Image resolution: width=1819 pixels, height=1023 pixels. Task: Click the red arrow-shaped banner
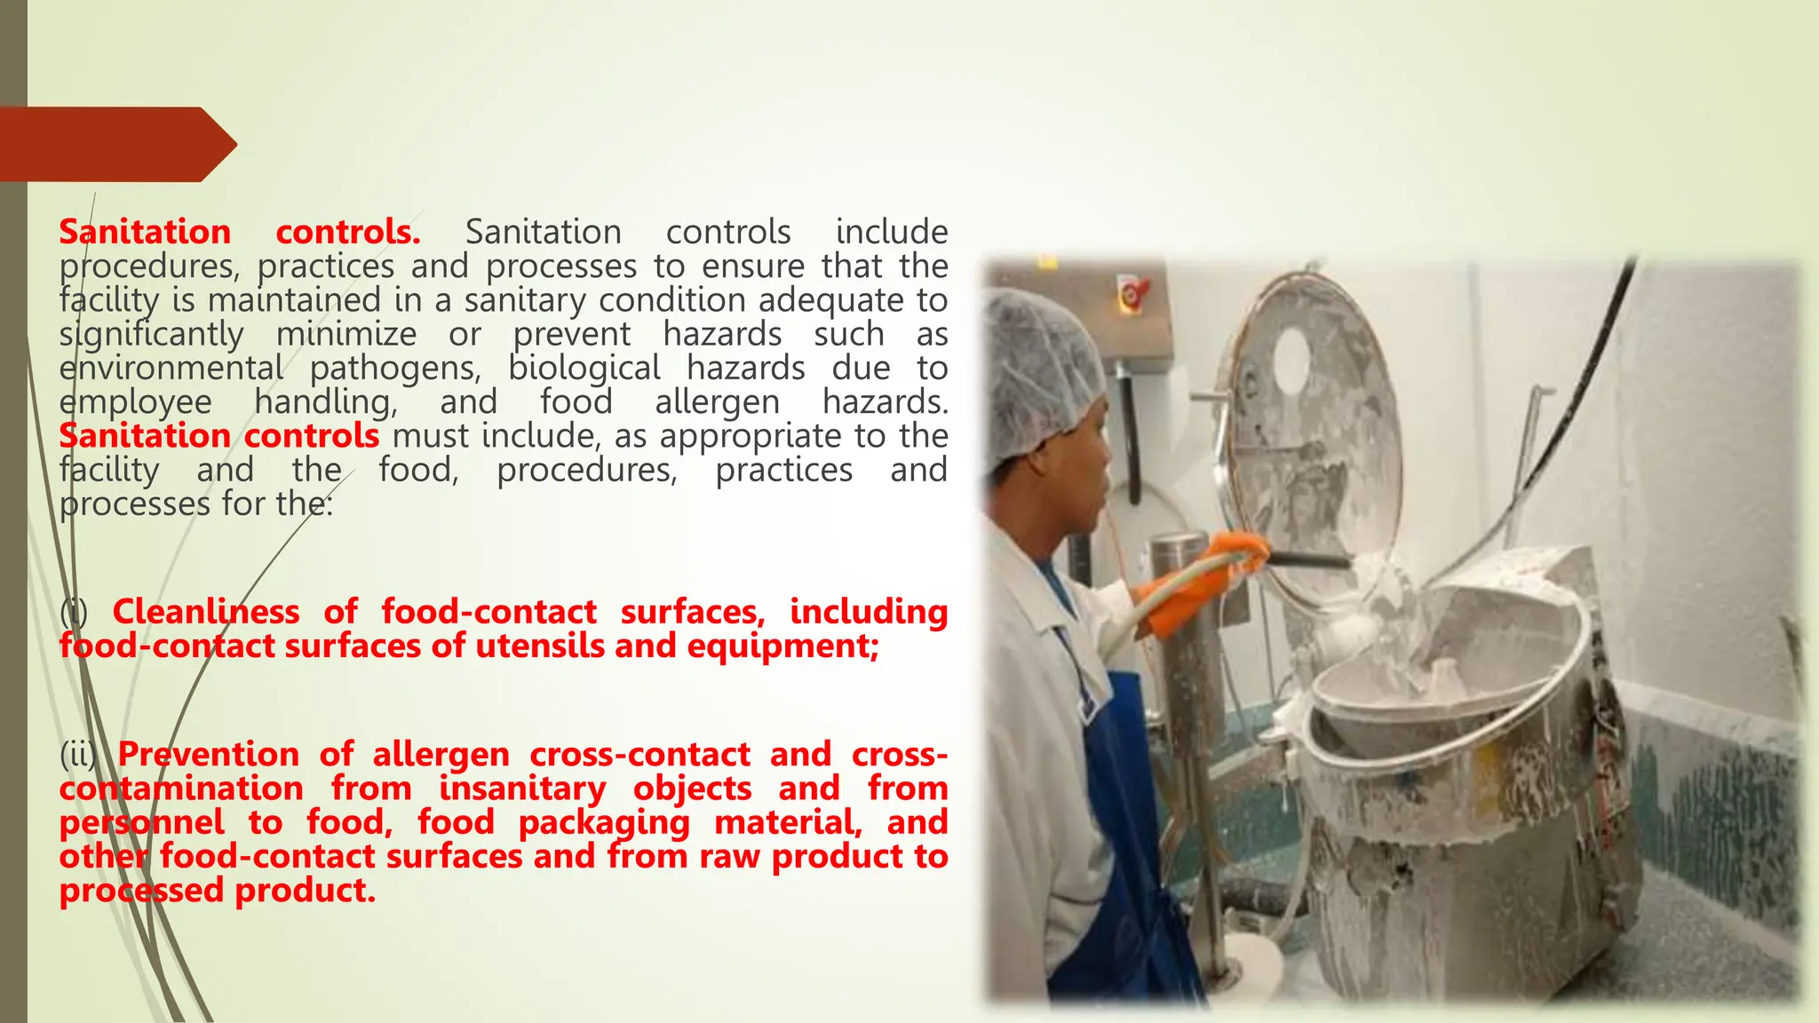tap(115, 144)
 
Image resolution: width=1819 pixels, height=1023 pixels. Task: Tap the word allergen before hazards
tap(717, 402)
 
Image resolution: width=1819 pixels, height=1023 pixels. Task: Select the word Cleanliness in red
tap(206, 612)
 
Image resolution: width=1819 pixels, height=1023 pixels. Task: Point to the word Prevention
tap(209, 755)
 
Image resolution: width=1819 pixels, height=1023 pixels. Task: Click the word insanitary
tap(522, 789)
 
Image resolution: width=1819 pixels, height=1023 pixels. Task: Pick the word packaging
tap(604, 823)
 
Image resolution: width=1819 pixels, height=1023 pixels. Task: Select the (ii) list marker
tap(78, 755)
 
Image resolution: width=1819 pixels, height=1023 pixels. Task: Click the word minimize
tap(346, 335)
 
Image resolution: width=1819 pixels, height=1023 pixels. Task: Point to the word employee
tap(136, 402)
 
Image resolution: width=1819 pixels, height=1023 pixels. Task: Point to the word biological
tap(584, 369)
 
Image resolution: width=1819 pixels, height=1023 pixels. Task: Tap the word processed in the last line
tap(141, 891)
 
